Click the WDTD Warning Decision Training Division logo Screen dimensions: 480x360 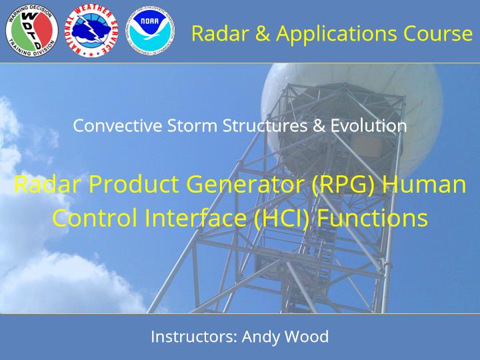31,30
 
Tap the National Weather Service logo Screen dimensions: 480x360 91,30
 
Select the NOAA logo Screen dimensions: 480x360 150,30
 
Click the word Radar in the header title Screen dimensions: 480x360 220,33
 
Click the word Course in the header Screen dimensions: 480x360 438,33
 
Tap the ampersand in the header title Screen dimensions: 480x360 263,33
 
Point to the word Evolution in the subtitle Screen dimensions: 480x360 369,125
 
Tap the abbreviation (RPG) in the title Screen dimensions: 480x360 343,184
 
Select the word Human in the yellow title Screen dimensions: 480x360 424,184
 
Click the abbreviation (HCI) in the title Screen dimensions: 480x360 282,217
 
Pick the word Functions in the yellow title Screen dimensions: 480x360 372,217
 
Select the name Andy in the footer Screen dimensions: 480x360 261,337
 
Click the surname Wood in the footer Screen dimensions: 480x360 307,337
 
